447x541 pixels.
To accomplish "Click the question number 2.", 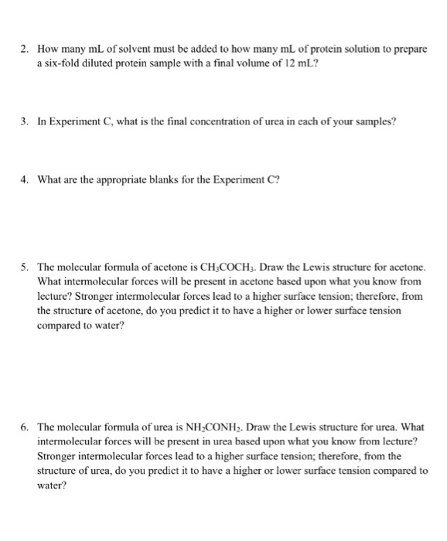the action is [x=25, y=48].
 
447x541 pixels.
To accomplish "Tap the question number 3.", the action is [x=25, y=121].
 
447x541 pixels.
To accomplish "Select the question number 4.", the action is [x=25, y=180].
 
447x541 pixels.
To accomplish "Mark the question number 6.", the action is [x=25, y=427].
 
